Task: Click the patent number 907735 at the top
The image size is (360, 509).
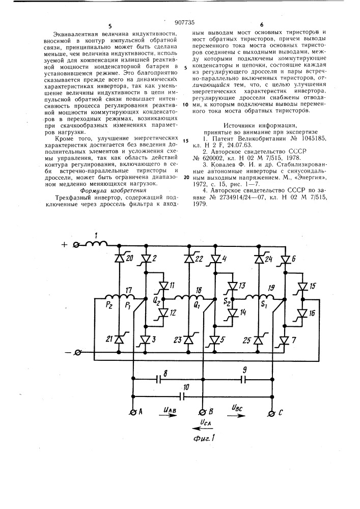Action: click(184, 22)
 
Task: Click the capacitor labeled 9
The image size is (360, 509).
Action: click(243, 379)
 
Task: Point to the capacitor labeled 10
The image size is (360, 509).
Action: click(182, 395)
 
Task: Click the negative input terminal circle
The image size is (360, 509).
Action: click(78, 352)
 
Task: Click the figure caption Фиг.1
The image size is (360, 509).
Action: click(204, 438)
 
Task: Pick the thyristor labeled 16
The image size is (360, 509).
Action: click(302, 313)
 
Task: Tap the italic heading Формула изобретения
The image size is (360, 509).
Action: click(113, 190)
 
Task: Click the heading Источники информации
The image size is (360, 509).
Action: click(260, 126)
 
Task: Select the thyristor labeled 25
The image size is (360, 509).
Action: click(259, 340)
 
